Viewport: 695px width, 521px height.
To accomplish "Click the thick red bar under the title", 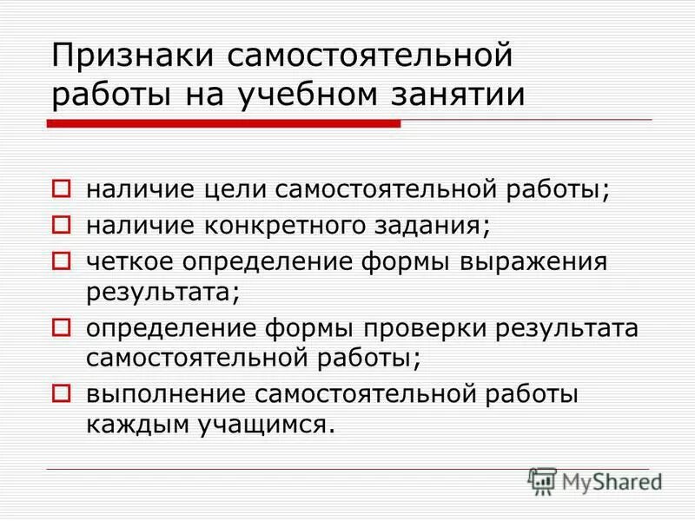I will click(223, 125).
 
